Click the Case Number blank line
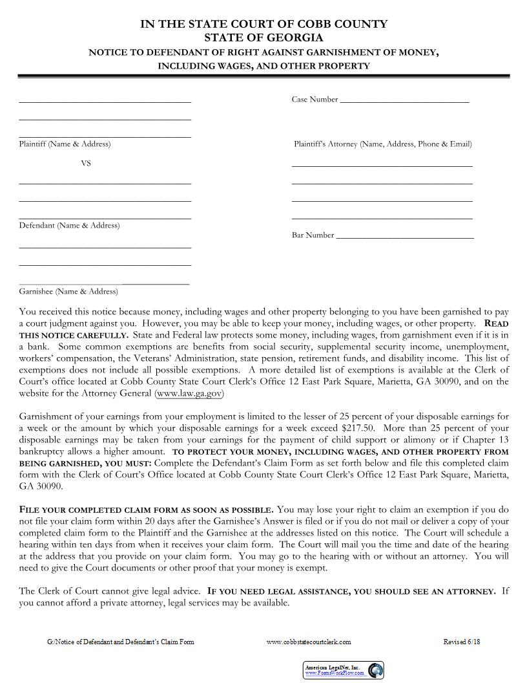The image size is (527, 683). (x=404, y=101)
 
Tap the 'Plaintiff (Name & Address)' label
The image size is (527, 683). (x=65, y=144)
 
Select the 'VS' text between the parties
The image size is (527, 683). (x=85, y=164)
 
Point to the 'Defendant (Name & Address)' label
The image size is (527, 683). (x=69, y=225)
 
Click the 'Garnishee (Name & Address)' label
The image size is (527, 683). (x=68, y=291)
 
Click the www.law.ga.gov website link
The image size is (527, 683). (x=190, y=393)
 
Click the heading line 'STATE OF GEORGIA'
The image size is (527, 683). (x=263, y=38)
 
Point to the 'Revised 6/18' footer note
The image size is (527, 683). (x=462, y=642)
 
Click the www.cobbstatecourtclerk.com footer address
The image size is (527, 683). (x=309, y=642)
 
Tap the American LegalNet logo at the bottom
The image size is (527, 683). (x=344, y=670)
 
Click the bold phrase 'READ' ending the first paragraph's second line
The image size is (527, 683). (x=496, y=323)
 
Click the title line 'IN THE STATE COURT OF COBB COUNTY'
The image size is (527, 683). (x=263, y=24)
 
